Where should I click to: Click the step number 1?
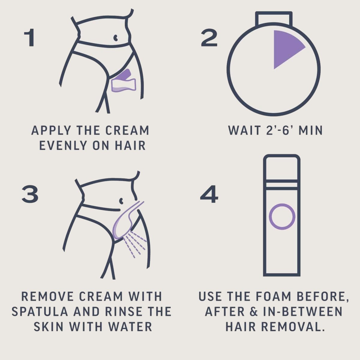point(29,37)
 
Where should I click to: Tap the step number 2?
point(209,37)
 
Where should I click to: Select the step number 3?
point(30,194)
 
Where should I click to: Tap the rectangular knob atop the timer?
point(274,19)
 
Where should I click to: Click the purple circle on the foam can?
point(282,217)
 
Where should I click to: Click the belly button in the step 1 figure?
point(116,37)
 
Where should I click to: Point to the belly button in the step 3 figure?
point(121,201)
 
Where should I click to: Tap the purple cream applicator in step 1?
point(124,81)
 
